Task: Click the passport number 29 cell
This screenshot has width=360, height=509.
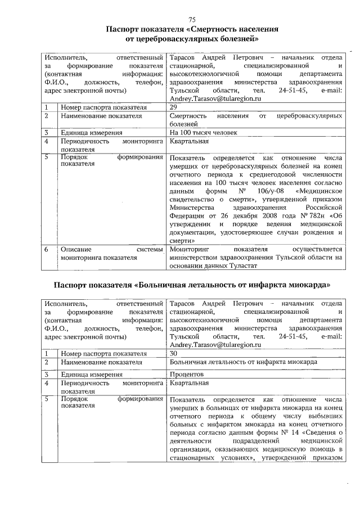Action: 173,107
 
